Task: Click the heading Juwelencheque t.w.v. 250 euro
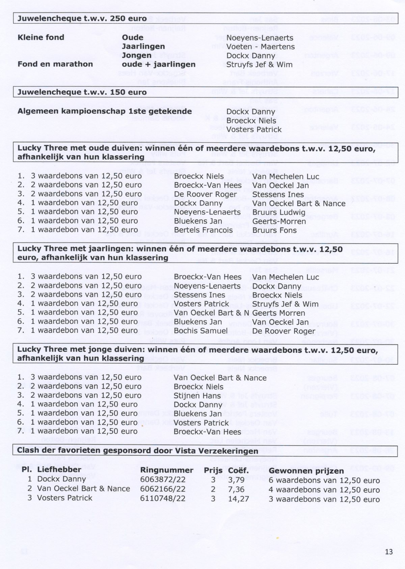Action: [x=82, y=19]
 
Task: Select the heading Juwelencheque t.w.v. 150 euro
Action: [x=82, y=92]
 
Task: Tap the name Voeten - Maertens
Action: [x=260, y=47]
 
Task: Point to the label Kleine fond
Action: [x=41, y=37]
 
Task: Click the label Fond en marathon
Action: [x=55, y=64]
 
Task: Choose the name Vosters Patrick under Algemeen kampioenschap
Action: [x=254, y=130]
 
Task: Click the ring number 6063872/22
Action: [x=163, y=480]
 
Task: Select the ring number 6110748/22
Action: [x=163, y=498]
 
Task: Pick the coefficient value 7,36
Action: [x=236, y=489]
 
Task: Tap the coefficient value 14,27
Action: [x=238, y=498]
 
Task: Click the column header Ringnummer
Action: [x=167, y=470]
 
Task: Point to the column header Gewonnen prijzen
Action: [x=306, y=471]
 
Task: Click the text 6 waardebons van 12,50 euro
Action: [x=324, y=480]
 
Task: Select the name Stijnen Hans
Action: [x=197, y=396]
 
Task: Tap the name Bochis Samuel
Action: [x=201, y=331]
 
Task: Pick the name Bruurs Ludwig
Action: [x=279, y=212]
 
